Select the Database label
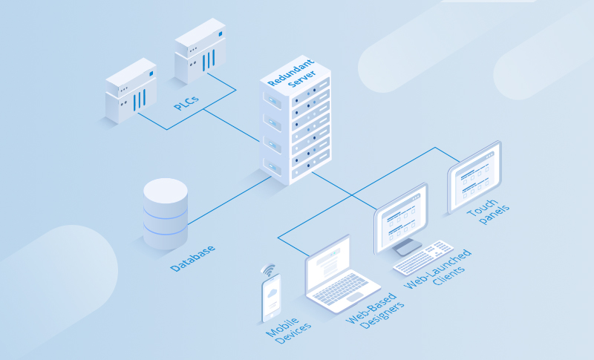click(x=192, y=257)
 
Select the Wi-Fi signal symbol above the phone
click(x=267, y=269)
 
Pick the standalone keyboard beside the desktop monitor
click(x=422, y=257)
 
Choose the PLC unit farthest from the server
click(x=131, y=91)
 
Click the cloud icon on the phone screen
click(x=272, y=295)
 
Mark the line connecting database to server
click(x=230, y=200)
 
